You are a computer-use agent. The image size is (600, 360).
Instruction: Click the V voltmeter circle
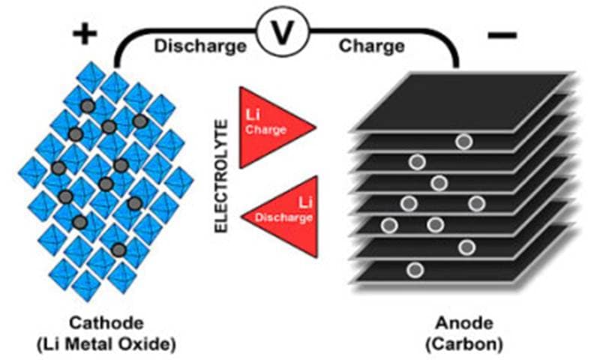click(283, 32)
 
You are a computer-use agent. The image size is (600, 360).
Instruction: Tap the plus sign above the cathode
click(85, 34)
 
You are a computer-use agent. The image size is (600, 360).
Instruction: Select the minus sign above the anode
click(502, 35)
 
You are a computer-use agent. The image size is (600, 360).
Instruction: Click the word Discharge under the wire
click(200, 46)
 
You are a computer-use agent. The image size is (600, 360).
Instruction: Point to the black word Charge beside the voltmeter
click(371, 46)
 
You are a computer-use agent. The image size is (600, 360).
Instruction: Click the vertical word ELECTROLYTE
click(221, 175)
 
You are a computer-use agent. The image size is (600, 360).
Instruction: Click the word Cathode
click(106, 323)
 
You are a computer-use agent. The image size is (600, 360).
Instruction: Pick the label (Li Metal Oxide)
click(106, 344)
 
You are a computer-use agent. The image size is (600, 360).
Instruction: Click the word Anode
click(464, 324)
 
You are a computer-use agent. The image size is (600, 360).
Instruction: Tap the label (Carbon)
click(464, 344)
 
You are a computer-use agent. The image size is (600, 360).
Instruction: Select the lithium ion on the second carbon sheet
click(464, 142)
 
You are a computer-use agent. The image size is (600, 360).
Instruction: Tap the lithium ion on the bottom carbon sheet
click(415, 270)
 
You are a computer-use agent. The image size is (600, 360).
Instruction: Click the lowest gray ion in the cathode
click(119, 250)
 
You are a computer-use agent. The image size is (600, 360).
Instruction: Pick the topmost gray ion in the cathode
click(88, 106)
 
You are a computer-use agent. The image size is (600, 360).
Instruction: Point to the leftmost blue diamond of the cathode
click(33, 172)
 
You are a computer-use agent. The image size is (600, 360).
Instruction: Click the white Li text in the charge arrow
click(252, 115)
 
